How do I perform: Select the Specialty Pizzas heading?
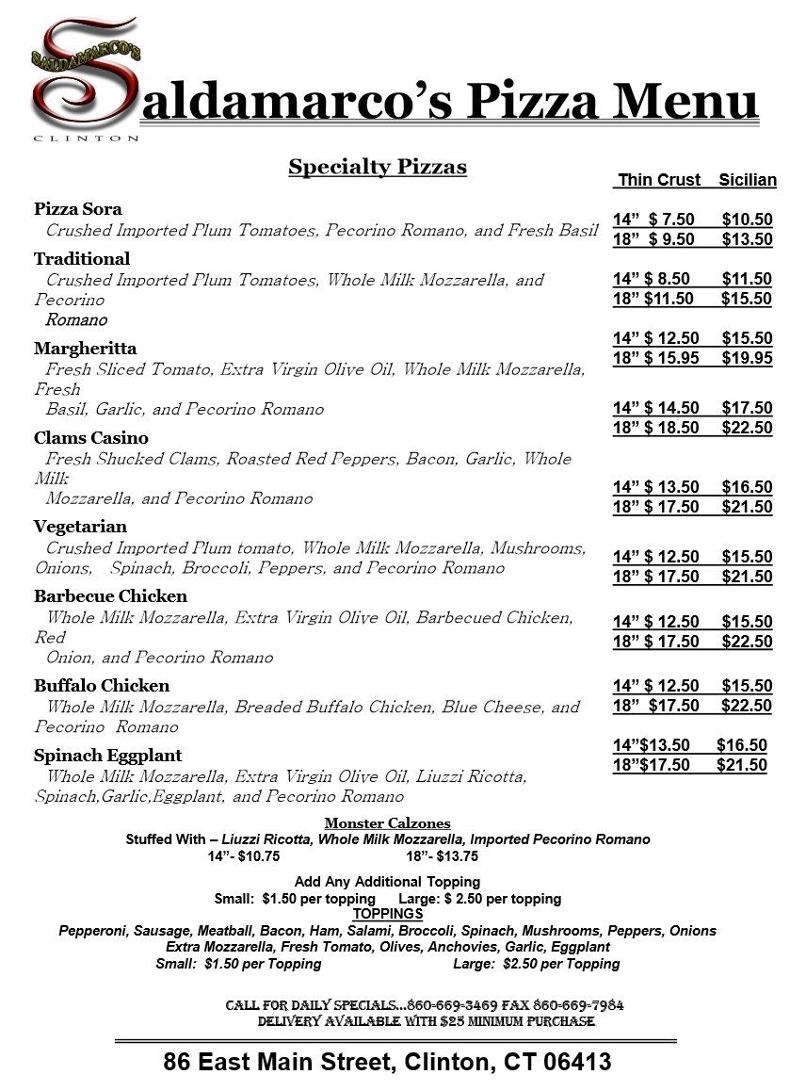tap(378, 168)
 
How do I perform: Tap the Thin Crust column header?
tap(659, 180)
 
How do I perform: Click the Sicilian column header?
tap(748, 180)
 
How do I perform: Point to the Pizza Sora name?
tap(78, 209)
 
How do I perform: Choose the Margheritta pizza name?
tap(86, 349)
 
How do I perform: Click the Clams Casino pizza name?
tap(91, 438)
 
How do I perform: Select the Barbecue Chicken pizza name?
tap(110, 596)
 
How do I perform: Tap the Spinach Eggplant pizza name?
tap(108, 756)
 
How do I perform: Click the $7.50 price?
tap(672, 220)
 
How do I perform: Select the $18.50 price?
tap(672, 428)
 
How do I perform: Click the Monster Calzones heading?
tap(387, 823)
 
